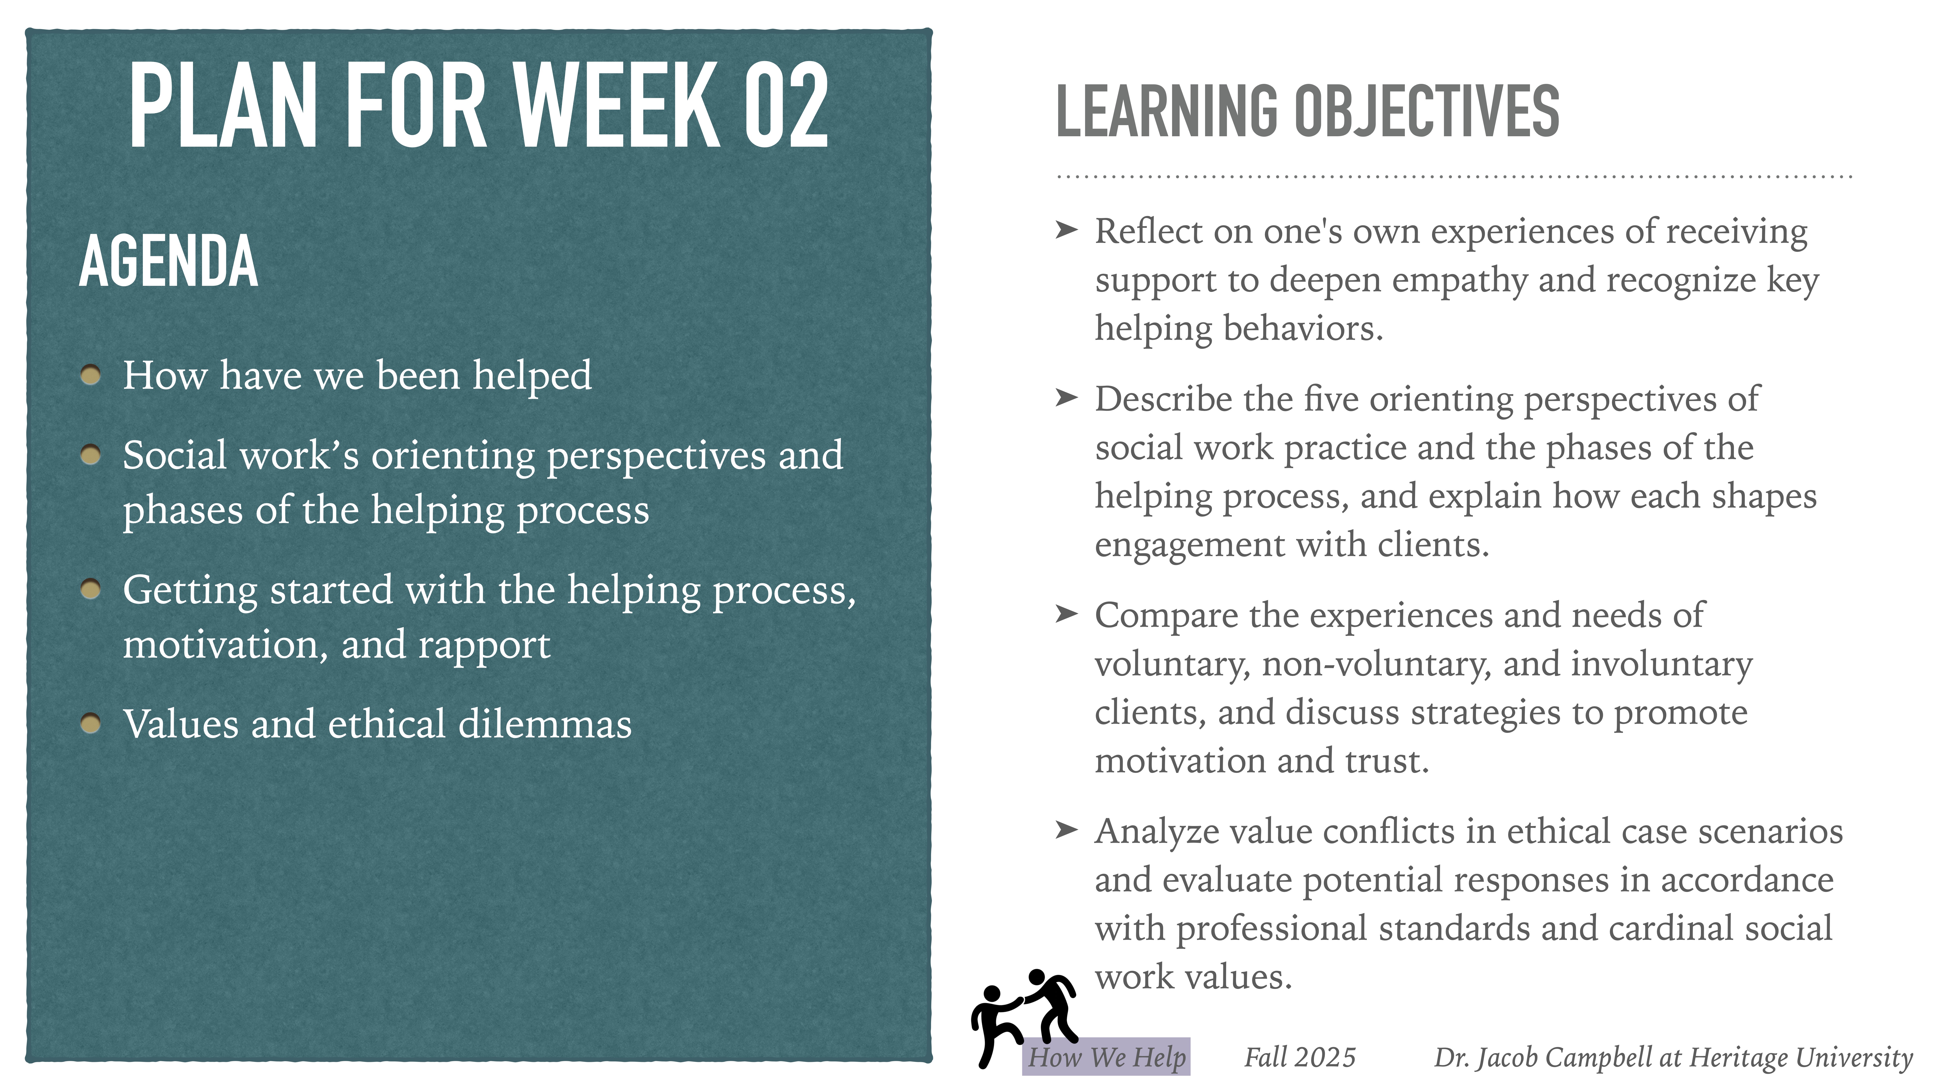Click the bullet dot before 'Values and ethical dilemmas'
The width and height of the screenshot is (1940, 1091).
click(90, 723)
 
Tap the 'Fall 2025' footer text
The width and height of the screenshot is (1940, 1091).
click(1299, 1057)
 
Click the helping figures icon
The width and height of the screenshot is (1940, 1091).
click(1023, 1013)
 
